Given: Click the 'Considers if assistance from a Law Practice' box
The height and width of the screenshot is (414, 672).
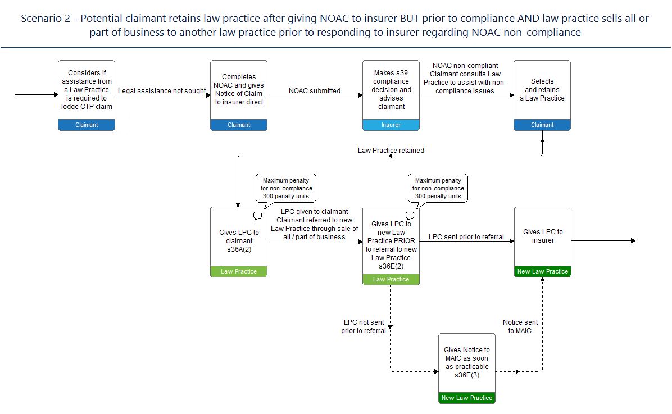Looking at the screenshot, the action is [87, 95].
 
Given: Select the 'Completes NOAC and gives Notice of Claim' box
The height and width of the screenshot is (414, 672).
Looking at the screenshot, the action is [239, 95].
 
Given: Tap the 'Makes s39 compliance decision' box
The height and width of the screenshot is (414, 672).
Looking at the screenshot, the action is [391, 95].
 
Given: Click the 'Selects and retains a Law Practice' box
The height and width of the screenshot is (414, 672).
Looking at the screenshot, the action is [542, 95].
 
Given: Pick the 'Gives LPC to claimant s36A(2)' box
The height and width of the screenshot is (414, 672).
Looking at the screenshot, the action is [239, 242].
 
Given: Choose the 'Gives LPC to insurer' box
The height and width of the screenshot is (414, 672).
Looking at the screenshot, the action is [543, 242].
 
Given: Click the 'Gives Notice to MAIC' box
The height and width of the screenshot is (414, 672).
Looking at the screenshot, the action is [467, 368].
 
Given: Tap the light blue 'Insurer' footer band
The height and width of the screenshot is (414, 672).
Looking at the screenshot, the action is [391, 125].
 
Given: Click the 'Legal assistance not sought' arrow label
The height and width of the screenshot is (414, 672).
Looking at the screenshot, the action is [162, 91].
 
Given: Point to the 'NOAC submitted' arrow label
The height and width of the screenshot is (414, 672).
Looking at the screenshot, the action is [315, 91].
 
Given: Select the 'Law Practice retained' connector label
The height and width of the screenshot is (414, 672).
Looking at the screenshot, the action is [391, 151].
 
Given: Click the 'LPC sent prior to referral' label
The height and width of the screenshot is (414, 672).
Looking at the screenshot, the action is [466, 237].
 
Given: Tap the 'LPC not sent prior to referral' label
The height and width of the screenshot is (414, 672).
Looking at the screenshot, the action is [364, 326].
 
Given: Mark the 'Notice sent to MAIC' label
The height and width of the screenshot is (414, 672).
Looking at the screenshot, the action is [520, 326].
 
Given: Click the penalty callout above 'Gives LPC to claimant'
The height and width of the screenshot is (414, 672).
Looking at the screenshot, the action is [286, 189].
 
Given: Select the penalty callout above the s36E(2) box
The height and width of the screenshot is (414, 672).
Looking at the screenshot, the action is [438, 189].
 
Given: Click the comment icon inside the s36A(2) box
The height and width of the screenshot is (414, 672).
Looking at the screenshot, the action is [257, 216].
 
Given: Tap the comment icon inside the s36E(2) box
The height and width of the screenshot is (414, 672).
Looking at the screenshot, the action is [410, 216].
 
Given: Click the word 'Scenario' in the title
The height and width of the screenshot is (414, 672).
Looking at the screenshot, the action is [46, 19].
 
